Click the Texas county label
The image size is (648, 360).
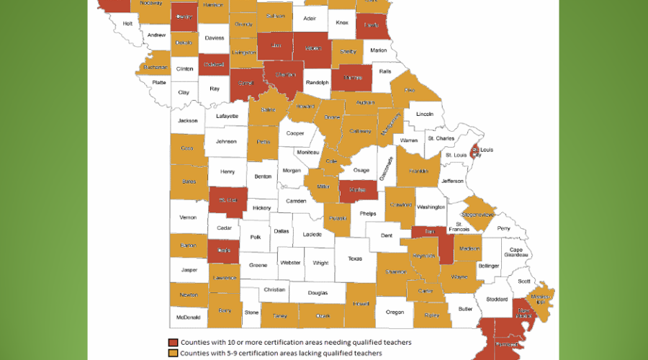coord(355,258)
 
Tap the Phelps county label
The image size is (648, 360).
coord(367,213)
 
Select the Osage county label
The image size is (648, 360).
coord(362,171)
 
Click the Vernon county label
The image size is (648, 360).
coord(188,217)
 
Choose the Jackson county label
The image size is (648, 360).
coord(188,120)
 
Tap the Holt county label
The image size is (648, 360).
coord(127,23)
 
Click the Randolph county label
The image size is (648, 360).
coord(318,83)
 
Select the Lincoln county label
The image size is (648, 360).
coord(425,114)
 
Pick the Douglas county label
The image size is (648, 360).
coord(317,292)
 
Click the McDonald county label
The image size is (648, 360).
coord(188,316)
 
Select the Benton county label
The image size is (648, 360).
coord(263,175)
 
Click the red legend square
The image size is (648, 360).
coord(173,342)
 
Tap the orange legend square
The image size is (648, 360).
coord(173,353)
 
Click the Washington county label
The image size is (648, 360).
coord(431,207)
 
